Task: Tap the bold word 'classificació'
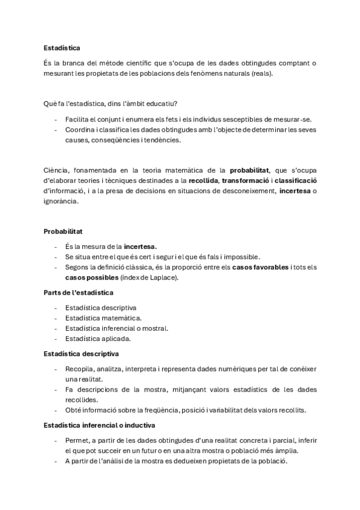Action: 296,180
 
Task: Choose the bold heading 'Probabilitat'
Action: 63,231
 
